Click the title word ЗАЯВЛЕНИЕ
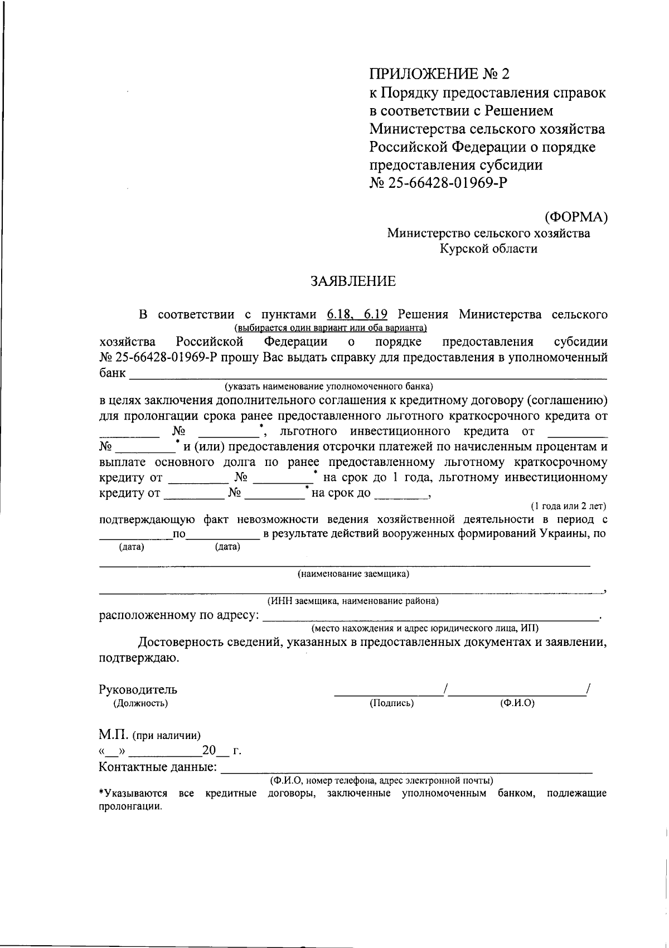click(x=353, y=281)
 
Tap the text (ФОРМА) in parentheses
click(x=575, y=216)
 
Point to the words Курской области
click(x=489, y=249)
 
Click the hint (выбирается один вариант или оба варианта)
click(x=331, y=328)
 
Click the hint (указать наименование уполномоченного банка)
click(x=329, y=386)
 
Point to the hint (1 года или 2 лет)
click(x=568, y=506)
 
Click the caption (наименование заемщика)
click(x=353, y=574)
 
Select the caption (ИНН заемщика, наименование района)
click(x=353, y=601)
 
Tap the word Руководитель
click(x=138, y=689)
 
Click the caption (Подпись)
click(x=391, y=703)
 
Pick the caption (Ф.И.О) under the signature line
click(x=517, y=703)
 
